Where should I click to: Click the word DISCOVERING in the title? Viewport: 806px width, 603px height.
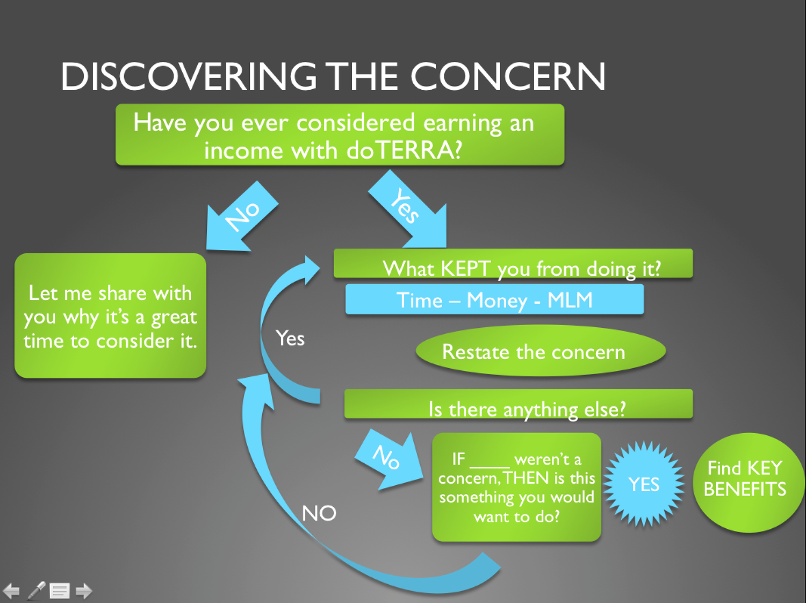pos(189,76)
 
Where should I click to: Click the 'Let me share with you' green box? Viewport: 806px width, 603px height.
pos(110,316)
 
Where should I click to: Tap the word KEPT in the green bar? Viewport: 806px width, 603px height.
pos(465,268)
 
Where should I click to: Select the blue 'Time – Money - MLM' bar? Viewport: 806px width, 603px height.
pos(494,300)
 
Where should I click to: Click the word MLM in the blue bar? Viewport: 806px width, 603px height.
pos(570,300)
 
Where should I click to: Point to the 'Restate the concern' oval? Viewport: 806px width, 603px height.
pos(541,351)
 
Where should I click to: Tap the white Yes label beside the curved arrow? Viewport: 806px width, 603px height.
pos(290,339)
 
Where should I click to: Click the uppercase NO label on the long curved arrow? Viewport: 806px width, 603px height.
pos(319,513)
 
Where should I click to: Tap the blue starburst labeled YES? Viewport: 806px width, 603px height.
pos(644,484)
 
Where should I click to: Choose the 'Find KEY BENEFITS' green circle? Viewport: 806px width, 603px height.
pos(746,482)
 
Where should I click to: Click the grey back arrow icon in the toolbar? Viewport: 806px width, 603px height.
pos(11,591)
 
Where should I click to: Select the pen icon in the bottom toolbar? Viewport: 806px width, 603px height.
pos(37,591)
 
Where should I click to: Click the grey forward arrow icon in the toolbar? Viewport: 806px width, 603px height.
pos(84,591)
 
